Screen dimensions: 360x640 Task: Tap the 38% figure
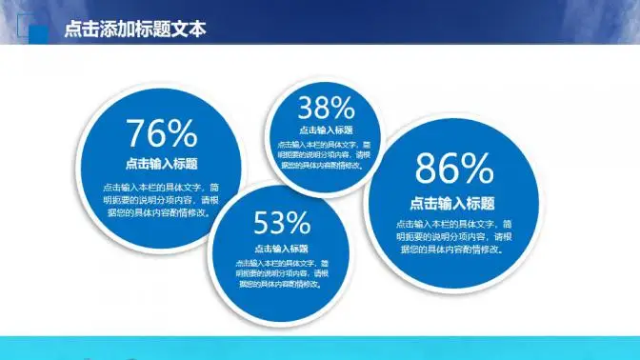pyautogui.click(x=326, y=106)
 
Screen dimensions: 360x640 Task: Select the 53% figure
pyautogui.click(x=282, y=224)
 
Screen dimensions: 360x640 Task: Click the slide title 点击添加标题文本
pyautogui.click(x=134, y=30)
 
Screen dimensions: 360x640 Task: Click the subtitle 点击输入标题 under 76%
pyautogui.click(x=161, y=163)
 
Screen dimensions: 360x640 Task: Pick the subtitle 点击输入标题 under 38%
pyautogui.click(x=326, y=130)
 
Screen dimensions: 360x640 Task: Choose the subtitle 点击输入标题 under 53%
pyautogui.click(x=282, y=248)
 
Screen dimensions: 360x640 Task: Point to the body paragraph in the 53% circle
pyautogui.click(x=282, y=272)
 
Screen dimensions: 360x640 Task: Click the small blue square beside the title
pyautogui.click(x=40, y=33)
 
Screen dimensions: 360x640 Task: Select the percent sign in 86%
pyautogui.click(x=477, y=170)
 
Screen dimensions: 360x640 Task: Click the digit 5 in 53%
pyautogui.click(x=262, y=224)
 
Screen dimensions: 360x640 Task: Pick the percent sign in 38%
pyautogui.click(x=343, y=106)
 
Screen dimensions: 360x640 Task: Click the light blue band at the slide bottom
pyautogui.click(x=320, y=348)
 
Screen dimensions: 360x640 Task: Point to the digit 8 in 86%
pyautogui.click(x=427, y=170)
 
